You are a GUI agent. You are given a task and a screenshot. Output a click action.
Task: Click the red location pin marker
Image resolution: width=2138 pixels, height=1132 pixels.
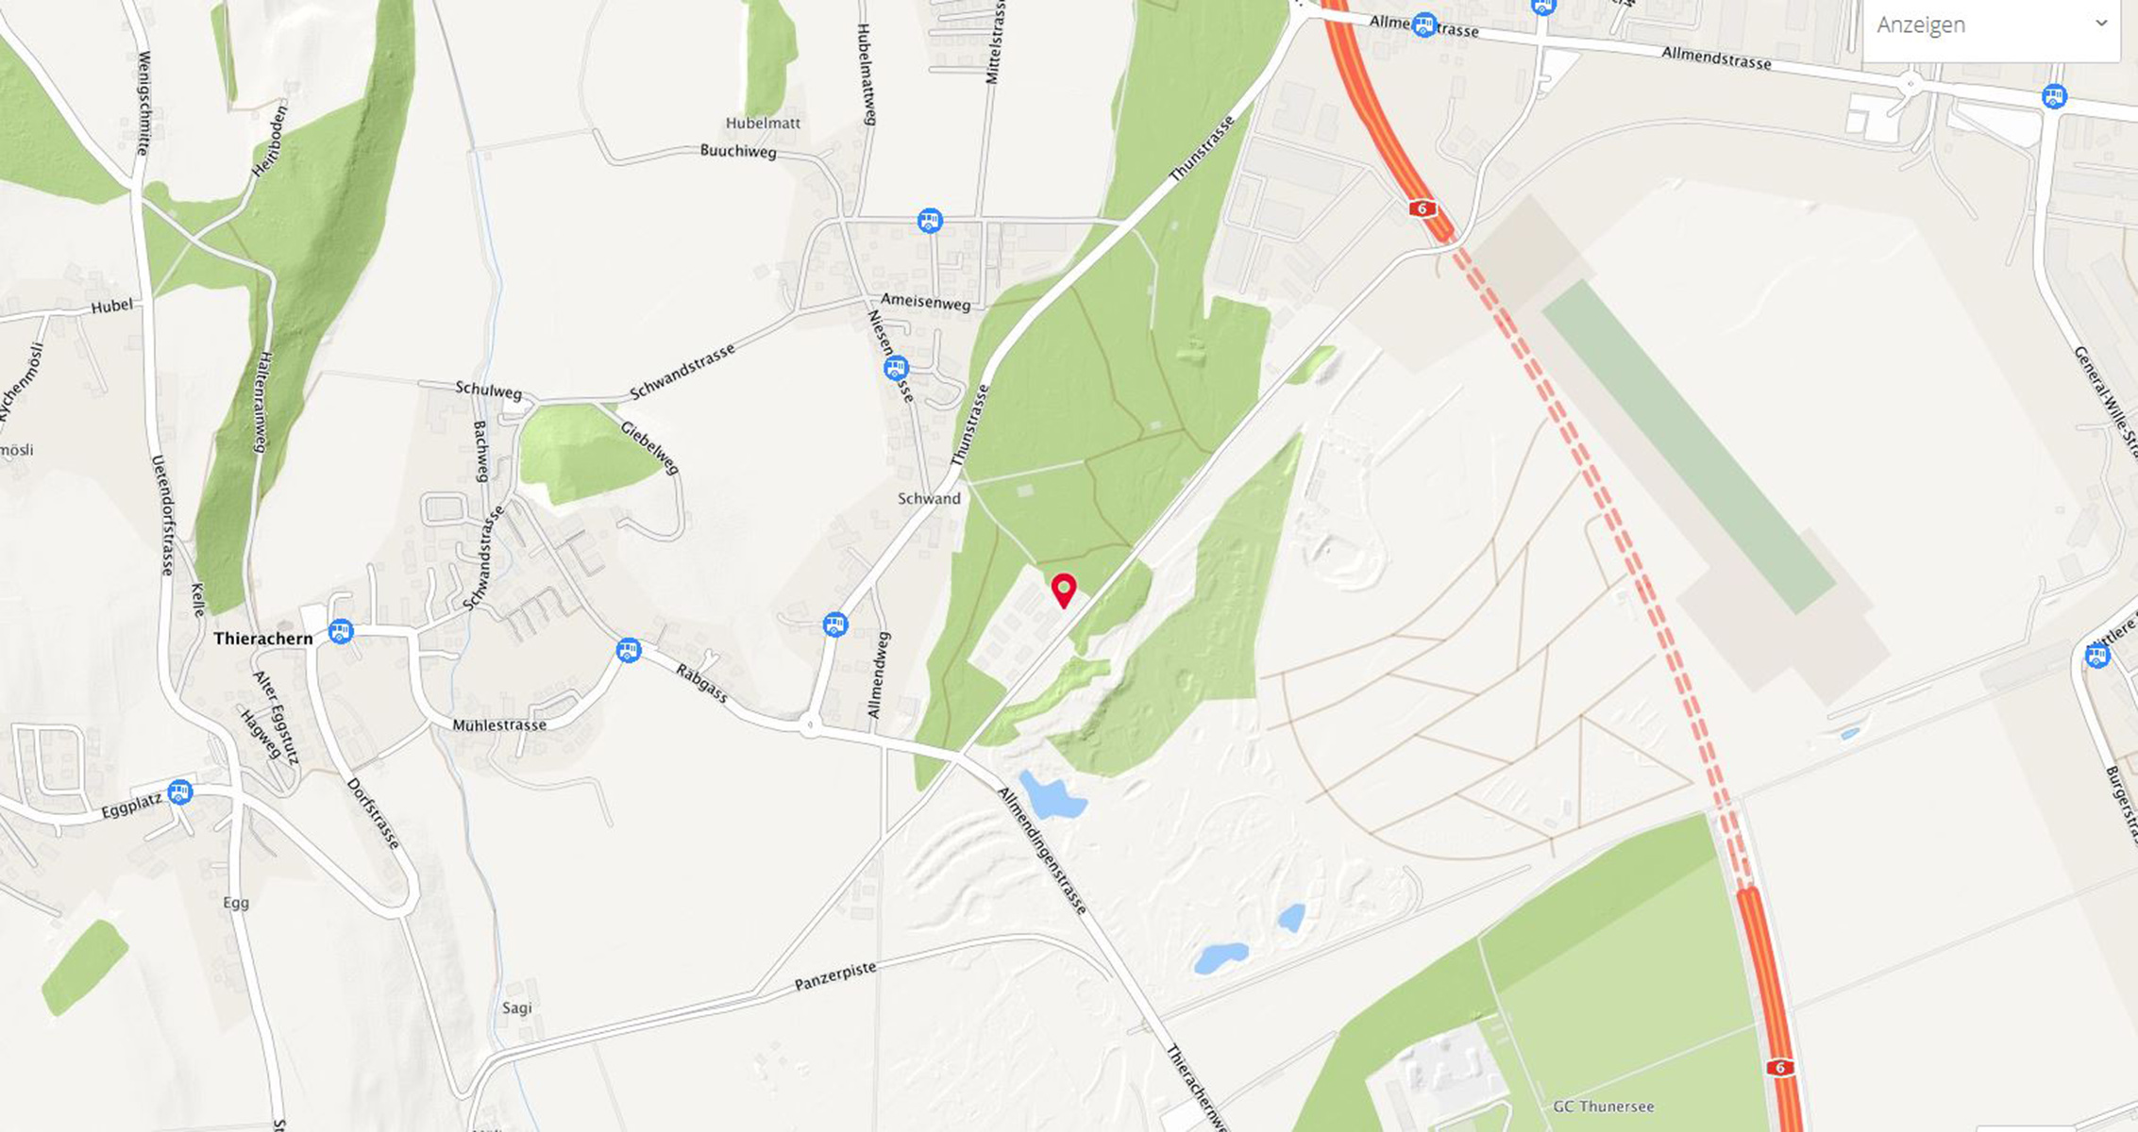point(1064,590)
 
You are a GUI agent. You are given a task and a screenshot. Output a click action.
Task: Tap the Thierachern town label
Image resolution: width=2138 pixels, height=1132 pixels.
point(262,639)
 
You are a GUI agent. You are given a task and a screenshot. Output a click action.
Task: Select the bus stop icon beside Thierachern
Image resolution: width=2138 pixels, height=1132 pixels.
point(341,631)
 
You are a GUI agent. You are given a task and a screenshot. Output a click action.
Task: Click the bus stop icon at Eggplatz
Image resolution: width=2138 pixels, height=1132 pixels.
point(180,792)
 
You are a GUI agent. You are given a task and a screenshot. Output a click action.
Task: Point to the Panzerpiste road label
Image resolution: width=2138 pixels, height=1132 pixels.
point(834,977)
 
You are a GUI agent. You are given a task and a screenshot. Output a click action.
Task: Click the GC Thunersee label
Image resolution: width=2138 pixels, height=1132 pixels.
point(1603,1107)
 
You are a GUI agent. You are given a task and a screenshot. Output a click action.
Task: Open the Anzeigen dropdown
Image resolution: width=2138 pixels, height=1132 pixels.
point(1991,25)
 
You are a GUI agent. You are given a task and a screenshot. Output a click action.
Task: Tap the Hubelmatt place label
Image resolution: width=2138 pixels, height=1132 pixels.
point(763,124)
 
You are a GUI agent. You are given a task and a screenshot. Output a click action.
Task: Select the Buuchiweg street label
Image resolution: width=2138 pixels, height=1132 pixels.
point(738,151)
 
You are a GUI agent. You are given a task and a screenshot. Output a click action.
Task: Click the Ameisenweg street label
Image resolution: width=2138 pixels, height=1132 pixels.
point(925,302)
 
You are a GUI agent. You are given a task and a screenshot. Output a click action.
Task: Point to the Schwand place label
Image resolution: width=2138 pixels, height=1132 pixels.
point(929,499)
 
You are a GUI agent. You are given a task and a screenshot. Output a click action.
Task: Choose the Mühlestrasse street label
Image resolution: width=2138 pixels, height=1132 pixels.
point(499,725)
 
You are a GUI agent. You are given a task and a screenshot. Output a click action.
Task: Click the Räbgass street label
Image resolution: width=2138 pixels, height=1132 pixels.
point(702,683)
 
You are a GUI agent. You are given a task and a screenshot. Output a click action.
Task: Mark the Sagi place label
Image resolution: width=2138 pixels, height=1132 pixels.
point(516,1008)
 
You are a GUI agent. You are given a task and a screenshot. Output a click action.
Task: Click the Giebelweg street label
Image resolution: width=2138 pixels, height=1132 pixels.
point(649,447)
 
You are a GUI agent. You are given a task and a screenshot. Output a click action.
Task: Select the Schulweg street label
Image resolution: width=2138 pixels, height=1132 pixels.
point(488,391)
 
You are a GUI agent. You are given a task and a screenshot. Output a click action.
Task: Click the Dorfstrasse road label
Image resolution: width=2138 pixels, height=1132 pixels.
point(374,813)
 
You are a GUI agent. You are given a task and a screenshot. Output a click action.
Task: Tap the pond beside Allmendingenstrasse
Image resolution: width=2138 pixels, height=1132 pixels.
point(1052,797)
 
